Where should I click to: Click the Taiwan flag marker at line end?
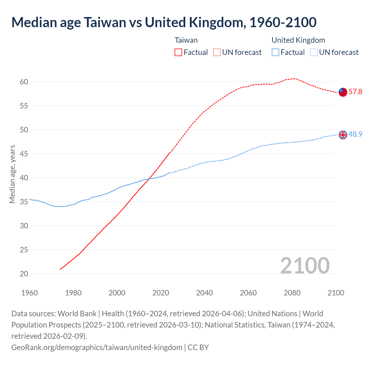pyautogui.click(x=343, y=92)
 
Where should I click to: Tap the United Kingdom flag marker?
pyautogui.click(x=343, y=135)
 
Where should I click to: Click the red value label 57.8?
pyautogui.click(x=355, y=92)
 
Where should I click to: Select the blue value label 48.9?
pyautogui.click(x=355, y=134)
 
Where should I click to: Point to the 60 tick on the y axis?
pyautogui.click(x=24, y=82)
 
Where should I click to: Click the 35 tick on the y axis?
pyautogui.click(x=24, y=202)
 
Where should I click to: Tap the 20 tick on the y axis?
pyautogui.click(x=24, y=274)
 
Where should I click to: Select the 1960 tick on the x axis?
pyautogui.click(x=29, y=293)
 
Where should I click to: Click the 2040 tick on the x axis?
pyautogui.click(x=204, y=293)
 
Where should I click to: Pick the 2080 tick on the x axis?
pyautogui.click(x=292, y=293)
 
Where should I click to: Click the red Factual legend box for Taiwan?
pyautogui.click(x=178, y=52)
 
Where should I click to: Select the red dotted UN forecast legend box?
pyautogui.click(x=217, y=52)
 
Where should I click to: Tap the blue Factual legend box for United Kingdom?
pyautogui.click(x=275, y=52)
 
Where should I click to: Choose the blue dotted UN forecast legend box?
pyautogui.click(x=314, y=52)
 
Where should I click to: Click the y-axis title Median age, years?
pyautogui.click(x=12, y=174)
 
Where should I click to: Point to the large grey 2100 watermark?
pyautogui.click(x=305, y=266)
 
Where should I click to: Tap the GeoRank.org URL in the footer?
pyautogui.click(x=97, y=347)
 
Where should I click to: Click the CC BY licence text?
pyautogui.click(x=198, y=347)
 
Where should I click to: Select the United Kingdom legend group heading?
pyautogui.click(x=298, y=40)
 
